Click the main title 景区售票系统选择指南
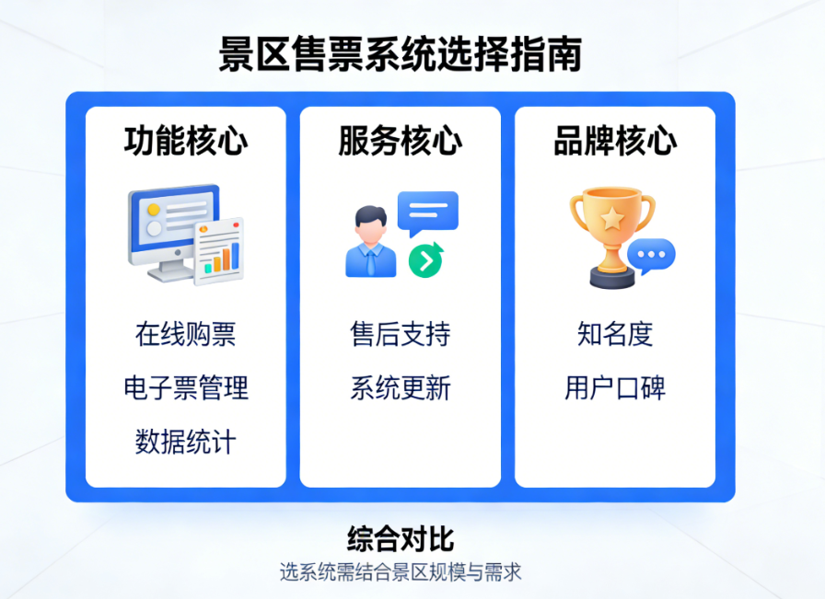(400, 54)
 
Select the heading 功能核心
(186, 141)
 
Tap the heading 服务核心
(400, 141)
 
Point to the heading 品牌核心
(615, 141)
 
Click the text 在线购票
(186, 334)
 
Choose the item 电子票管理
(186, 387)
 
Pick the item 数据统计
(186, 442)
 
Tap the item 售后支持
(400, 334)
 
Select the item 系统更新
(400, 387)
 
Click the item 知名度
(615, 334)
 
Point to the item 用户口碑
(615, 387)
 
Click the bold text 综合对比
(401, 538)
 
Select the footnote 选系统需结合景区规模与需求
(401, 571)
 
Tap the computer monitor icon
(170, 225)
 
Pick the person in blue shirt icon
(370, 243)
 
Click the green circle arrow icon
(425, 260)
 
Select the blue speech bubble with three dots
(651, 255)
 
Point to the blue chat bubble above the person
(427, 212)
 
